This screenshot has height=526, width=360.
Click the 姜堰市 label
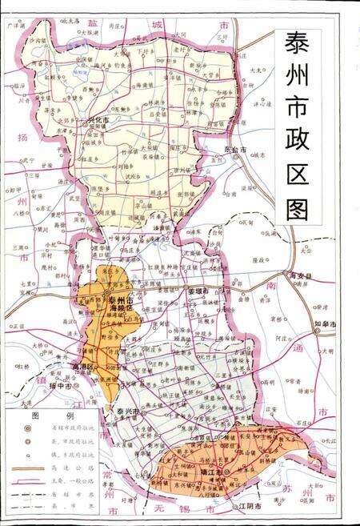198,290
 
